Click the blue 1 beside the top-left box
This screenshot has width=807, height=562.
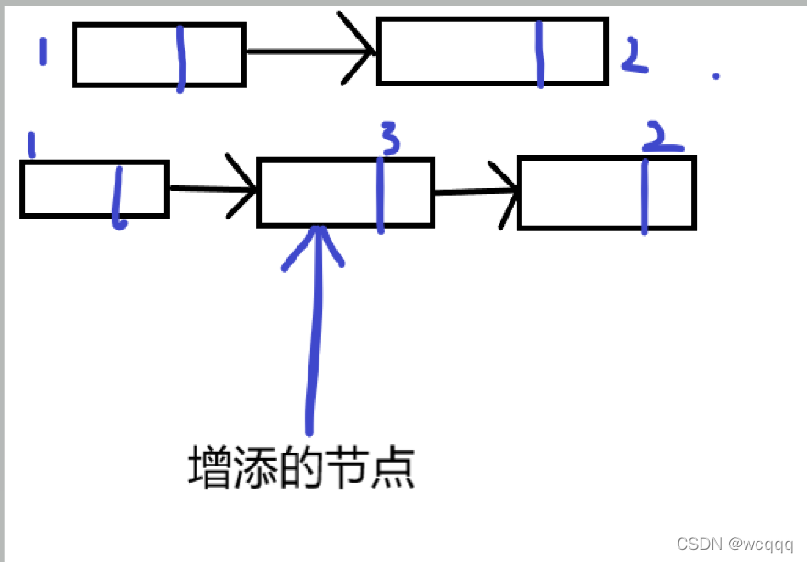click(x=42, y=51)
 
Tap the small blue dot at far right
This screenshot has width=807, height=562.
click(x=716, y=76)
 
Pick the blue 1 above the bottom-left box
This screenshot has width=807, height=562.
click(x=31, y=145)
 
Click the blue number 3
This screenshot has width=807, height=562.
click(x=389, y=140)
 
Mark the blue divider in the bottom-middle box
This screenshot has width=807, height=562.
click(x=379, y=194)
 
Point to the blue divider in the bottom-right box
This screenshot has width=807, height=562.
click(x=644, y=195)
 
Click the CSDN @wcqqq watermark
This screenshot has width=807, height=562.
click(x=734, y=544)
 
